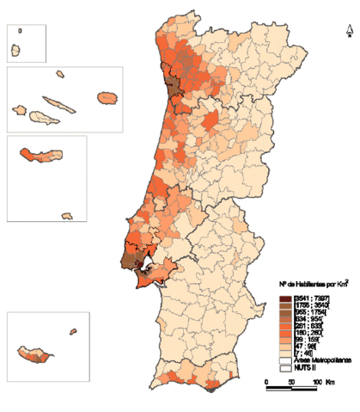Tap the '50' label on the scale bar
point(291,382)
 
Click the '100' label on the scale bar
point(315,382)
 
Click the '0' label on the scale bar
point(266,382)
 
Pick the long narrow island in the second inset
point(63,104)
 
